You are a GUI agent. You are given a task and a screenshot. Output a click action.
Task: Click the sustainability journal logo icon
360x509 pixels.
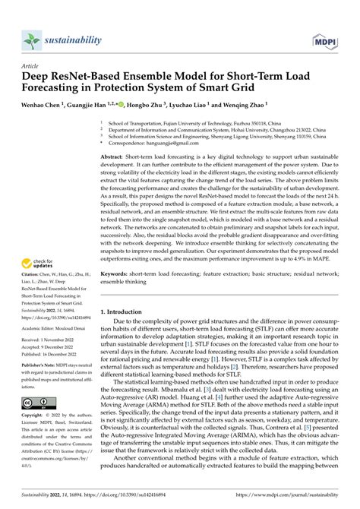[x=31, y=40]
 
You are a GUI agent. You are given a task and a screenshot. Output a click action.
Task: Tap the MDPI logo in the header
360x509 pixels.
[x=326, y=39]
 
